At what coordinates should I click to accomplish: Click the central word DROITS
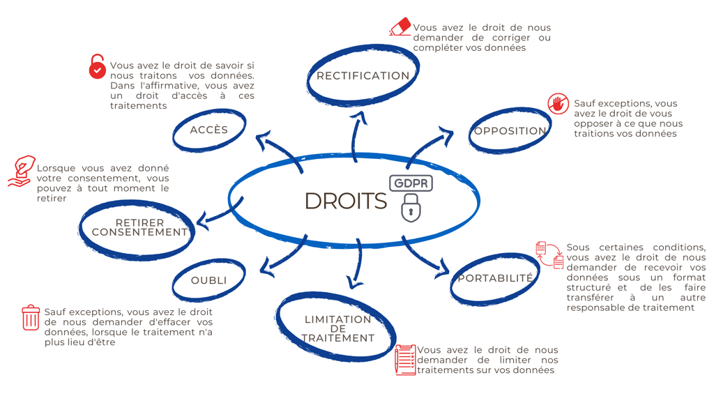345,201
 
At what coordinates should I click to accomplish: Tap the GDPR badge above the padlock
411,183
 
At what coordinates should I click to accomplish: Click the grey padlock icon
411,208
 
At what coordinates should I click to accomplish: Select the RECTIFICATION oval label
363,75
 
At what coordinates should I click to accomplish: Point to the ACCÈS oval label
208,130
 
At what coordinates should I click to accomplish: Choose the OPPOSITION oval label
510,130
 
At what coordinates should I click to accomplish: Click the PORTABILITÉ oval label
495,278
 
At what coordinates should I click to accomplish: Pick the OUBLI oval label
208,280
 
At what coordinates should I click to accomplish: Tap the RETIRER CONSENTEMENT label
139,228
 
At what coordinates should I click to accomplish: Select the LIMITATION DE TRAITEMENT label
337,328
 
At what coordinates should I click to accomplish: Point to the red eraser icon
400,27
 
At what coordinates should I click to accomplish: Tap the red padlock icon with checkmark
98,68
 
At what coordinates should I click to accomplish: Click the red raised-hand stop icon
558,104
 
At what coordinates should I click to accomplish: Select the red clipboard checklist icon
405,359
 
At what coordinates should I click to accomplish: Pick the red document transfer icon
549,254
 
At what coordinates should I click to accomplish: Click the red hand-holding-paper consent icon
22,171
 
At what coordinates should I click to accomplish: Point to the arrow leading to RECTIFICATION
360,132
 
